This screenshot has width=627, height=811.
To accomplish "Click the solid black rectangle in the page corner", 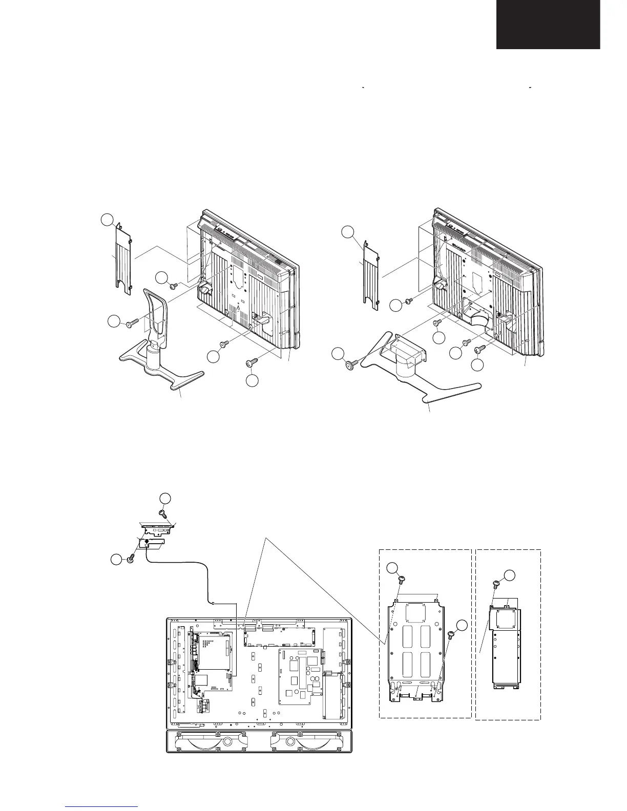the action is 548,24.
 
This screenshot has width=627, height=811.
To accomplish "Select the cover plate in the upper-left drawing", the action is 122,261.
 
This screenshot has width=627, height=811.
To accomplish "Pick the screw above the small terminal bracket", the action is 163,513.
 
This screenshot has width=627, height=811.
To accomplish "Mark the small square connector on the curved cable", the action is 213,603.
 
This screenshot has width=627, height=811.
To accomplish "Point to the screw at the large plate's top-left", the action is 401,580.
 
